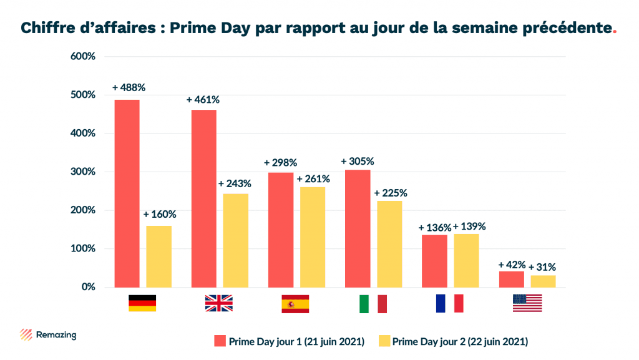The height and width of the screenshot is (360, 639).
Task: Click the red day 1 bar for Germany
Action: (x=127, y=193)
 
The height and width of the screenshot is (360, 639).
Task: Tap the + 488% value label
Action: (x=128, y=87)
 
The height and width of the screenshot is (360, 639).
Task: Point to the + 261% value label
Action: (x=313, y=179)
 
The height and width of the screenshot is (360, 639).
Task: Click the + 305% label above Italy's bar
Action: (x=357, y=161)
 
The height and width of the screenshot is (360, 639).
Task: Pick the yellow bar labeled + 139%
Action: (x=466, y=260)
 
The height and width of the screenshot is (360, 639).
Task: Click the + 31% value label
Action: (x=542, y=267)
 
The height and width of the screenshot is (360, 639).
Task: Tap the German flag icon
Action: (x=142, y=303)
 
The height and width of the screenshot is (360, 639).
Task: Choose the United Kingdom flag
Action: (x=218, y=303)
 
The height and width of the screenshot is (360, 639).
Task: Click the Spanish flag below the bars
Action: (x=295, y=303)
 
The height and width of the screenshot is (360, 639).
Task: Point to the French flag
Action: (x=450, y=303)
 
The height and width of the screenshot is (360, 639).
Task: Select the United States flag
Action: (x=527, y=303)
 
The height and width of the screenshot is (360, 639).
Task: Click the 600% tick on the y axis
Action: (x=83, y=56)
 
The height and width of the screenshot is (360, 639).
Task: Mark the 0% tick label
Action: (x=87, y=287)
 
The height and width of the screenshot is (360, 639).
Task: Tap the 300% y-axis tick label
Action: (x=83, y=172)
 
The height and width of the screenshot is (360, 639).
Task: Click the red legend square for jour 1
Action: (x=219, y=341)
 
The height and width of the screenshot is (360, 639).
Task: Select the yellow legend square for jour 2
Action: (x=384, y=341)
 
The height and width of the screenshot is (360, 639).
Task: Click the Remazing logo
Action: (x=48, y=335)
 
